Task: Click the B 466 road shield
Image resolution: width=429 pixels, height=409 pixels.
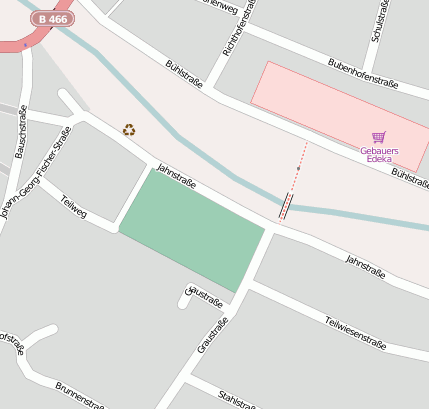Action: (52, 18)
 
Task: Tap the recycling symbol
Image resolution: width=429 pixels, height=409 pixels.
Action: (129, 129)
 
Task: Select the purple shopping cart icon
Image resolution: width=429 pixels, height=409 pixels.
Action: (378, 137)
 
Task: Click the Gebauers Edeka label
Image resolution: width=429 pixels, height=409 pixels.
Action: (378, 154)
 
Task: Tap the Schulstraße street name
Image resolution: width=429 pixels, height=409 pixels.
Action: (379, 21)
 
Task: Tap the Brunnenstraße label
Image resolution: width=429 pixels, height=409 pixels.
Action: (80, 395)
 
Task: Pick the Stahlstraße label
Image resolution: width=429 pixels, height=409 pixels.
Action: (236, 397)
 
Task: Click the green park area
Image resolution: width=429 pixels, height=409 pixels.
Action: (191, 229)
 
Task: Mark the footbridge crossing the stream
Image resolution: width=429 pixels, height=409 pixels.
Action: (286, 206)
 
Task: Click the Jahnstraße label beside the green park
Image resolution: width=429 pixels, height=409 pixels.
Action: (176, 177)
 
